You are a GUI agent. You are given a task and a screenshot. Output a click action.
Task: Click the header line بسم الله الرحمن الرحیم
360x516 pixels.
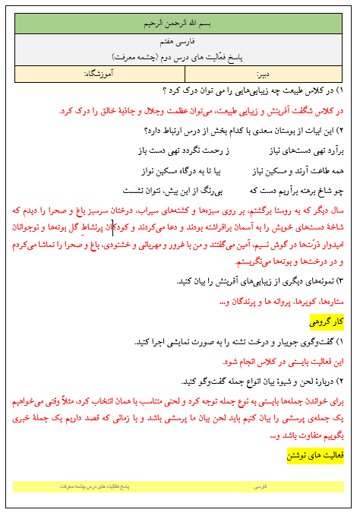[180, 24]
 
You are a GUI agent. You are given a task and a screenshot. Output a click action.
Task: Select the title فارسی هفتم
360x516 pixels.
[180, 45]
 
